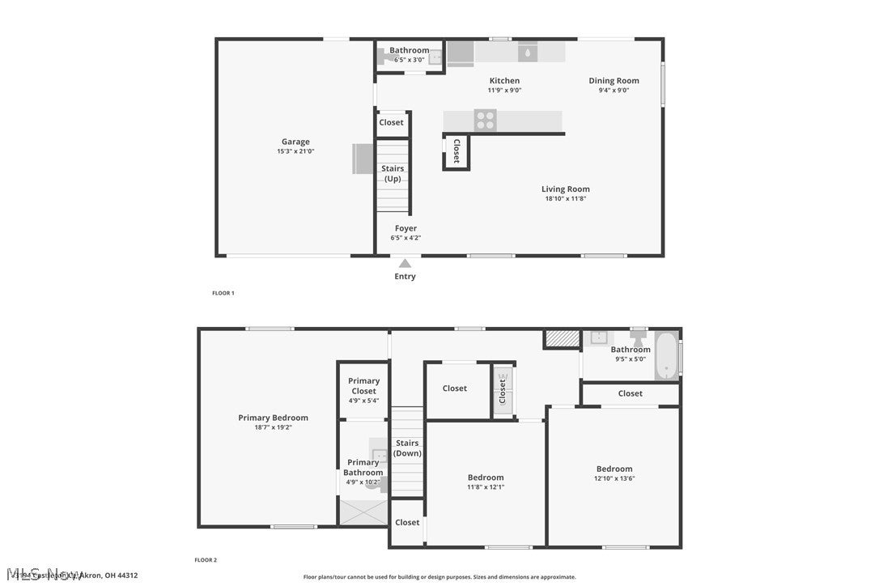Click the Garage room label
click(x=295, y=142)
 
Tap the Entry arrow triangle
click(x=405, y=262)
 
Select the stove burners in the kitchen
click(x=486, y=121)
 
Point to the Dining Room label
click(x=614, y=80)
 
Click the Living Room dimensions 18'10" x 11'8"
click(x=566, y=198)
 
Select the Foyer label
click(x=406, y=228)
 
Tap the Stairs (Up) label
click(x=393, y=173)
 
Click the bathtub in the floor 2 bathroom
click(x=666, y=356)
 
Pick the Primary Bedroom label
click(x=273, y=418)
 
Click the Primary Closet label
click(x=363, y=386)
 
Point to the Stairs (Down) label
click(x=407, y=448)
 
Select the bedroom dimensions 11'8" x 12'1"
click(x=486, y=487)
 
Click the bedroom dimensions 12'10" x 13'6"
click(x=614, y=478)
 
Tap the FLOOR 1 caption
click(x=223, y=293)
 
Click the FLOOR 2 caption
click(x=206, y=560)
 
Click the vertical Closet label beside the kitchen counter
click(x=456, y=151)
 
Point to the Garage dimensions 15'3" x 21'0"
click(x=295, y=151)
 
